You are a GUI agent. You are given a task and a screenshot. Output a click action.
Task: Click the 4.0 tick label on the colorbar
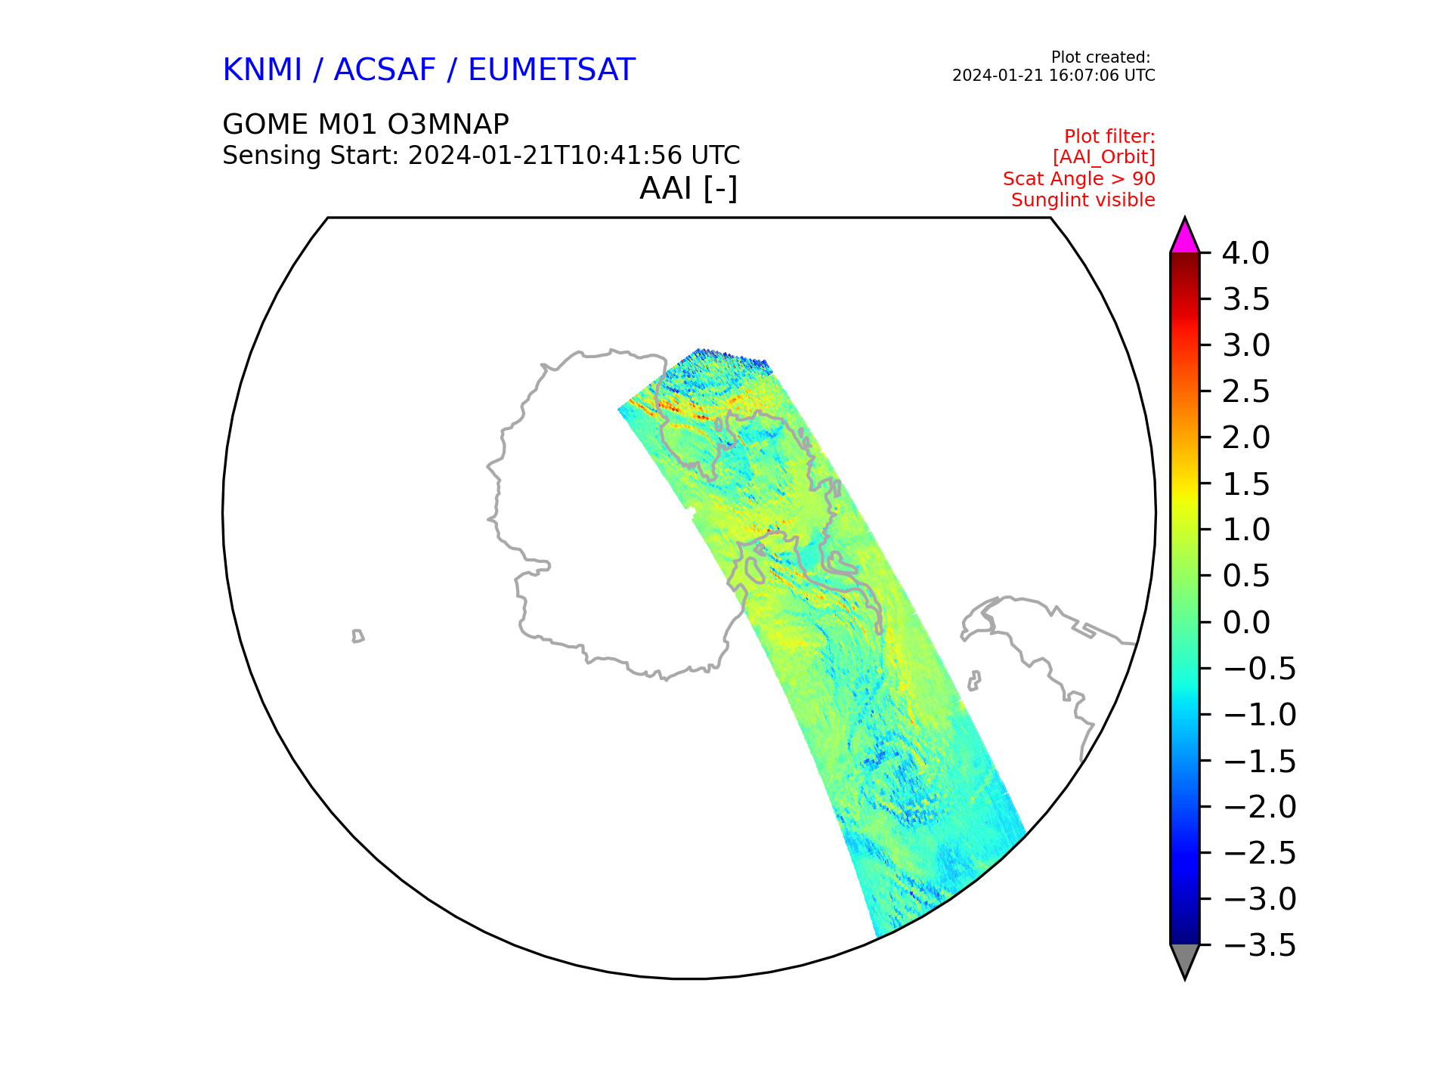1246,253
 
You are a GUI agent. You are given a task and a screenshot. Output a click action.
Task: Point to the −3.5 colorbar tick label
1259,945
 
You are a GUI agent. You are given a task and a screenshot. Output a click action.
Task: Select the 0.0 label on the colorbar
1246,623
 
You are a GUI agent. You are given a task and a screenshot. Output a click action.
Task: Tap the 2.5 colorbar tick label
1246,391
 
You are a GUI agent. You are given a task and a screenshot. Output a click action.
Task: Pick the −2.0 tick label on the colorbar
1259,807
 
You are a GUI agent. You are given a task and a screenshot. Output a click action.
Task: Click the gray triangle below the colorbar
1184,960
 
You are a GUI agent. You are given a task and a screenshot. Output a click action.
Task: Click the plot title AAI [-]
688,188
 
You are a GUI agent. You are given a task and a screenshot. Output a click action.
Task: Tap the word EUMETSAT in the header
552,70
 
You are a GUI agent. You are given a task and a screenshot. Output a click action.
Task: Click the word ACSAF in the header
385,70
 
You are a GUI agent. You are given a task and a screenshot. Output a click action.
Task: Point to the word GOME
260,124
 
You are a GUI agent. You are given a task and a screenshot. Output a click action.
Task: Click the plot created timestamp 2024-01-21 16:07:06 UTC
1053,76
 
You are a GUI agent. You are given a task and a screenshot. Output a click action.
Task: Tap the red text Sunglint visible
1083,200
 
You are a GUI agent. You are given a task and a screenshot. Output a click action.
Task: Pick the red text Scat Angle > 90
1079,179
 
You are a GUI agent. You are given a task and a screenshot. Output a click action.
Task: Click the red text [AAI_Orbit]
1104,157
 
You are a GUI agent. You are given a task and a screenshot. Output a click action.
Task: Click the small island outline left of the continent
357,636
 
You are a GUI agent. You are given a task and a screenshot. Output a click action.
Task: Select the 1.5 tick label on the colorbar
1246,484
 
